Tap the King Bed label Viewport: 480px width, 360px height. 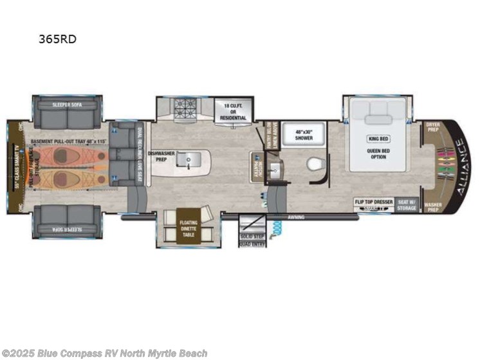coord(377,139)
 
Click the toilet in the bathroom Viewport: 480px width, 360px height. coord(313,165)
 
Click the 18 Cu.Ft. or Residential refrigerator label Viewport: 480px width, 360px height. coord(234,111)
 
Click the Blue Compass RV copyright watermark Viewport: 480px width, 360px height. coord(106,353)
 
